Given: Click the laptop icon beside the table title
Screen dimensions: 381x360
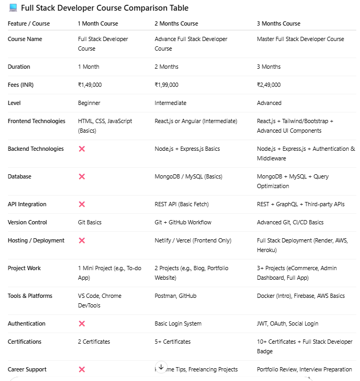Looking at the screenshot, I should [13, 8].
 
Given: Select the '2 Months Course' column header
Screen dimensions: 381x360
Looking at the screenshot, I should [176, 23].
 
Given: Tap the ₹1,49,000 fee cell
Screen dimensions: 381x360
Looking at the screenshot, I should [89, 85].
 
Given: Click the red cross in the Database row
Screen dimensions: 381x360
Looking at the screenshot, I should [81, 176].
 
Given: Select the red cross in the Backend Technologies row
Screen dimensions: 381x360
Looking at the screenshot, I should [81, 149].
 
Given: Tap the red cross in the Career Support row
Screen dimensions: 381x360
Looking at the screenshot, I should [81, 369].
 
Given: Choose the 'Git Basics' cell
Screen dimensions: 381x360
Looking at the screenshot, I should [89, 222].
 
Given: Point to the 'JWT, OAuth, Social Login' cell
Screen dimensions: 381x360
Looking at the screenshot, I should [288, 323].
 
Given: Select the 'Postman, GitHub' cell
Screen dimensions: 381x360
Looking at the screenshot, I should [175, 296].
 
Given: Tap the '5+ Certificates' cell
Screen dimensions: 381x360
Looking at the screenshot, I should [173, 342].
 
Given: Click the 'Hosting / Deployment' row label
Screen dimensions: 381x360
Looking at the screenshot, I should [36, 240].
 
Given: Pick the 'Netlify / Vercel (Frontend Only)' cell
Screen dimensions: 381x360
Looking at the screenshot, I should [193, 240].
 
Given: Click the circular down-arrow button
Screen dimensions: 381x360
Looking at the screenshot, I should [161, 367].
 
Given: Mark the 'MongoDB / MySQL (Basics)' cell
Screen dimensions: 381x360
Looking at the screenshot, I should [188, 176].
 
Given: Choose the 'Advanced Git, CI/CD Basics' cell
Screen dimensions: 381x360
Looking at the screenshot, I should [290, 222].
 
